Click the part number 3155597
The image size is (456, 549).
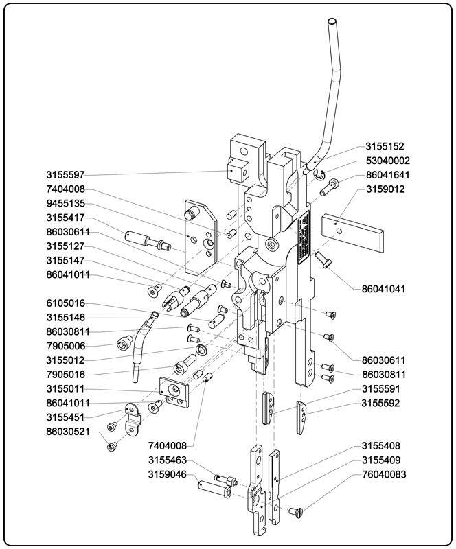click(x=66, y=174)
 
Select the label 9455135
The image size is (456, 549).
click(x=66, y=203)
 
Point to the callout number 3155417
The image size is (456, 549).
click(x=66, y=218)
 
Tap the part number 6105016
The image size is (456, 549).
click(x=66, y=303)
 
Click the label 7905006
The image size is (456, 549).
click(x=66, y=346)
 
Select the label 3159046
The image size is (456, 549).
click(x=168, y=474)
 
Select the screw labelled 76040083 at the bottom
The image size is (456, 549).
click(x=297, y=510)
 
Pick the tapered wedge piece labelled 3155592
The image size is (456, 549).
click(x=302, y=417)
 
